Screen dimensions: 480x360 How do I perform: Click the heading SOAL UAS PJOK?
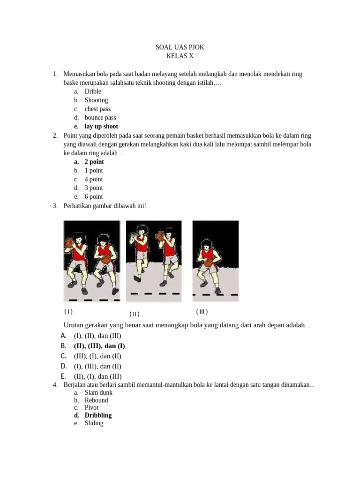tap(180, 47)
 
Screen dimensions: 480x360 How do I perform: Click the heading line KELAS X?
tap(180, 56)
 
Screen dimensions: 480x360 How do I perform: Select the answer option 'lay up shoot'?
tap(101, 127)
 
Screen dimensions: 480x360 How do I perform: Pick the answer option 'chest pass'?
tap(97, 109)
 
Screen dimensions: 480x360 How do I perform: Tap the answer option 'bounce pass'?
tap(100, 118)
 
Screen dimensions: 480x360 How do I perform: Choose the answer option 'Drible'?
tap(93, 91)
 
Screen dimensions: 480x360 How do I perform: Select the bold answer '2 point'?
tap(94, 162)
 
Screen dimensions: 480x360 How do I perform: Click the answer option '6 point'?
tap(94, 197)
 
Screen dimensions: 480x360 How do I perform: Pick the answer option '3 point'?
tap(94, 188)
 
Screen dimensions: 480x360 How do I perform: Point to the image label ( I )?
tap(68, 312)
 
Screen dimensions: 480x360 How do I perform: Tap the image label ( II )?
tap(135, 314)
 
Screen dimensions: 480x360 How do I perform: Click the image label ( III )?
tap(202, 312)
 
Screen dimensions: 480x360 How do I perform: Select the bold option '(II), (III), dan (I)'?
tap(99, 346)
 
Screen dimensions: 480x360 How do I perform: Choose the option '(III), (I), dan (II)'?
tap(97, 356)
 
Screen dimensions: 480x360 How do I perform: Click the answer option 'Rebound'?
tap(96, 400)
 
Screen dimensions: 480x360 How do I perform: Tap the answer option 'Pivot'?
tap(91, 408)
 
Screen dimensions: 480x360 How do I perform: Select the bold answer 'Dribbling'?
tap(98, 415)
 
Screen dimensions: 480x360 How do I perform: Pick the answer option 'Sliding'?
tap(94, 423)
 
